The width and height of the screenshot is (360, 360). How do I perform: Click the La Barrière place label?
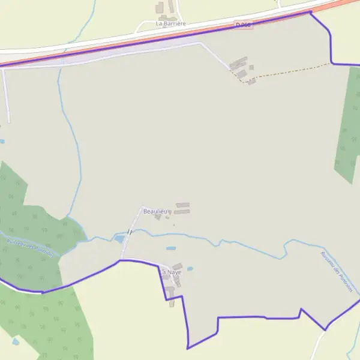coord(171,23)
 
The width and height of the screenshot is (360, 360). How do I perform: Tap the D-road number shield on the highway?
coord(243,25)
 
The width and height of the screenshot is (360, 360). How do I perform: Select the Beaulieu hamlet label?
coord(155,212)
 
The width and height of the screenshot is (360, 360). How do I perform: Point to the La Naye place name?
coord(170,272)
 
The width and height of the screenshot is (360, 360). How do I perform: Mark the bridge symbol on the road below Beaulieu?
coord(130,232)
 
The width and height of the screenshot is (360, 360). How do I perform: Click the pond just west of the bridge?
coord(119,239)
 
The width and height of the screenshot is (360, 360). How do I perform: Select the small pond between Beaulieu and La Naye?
coord(171,248)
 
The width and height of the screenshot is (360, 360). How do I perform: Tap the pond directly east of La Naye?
coord(190,268)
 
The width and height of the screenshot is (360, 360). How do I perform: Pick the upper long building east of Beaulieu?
coord(182,205)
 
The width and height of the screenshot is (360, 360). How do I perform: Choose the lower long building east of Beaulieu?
coord(182,211)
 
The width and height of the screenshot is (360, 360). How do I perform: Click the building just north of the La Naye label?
coord(178,266)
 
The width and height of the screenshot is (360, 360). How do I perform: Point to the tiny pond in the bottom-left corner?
coord(15,341)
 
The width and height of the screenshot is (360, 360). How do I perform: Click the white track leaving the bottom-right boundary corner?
coord(317,345)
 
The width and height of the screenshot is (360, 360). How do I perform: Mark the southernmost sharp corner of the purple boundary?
coord(188,348)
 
